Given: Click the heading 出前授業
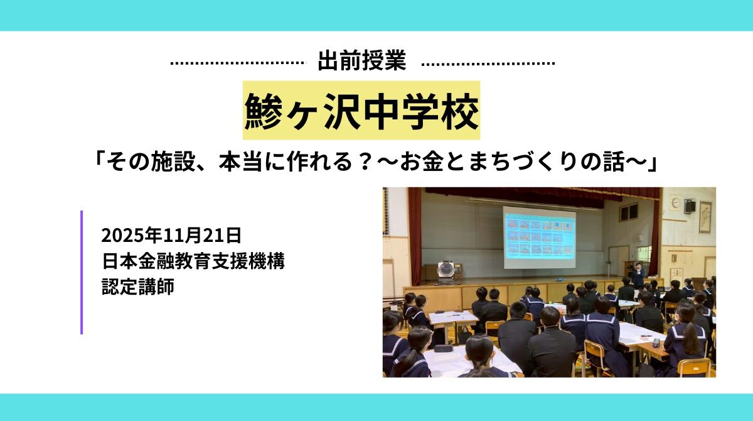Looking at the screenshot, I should click(x=362, y=62).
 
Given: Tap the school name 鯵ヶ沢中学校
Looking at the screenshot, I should click(x=361, y=111).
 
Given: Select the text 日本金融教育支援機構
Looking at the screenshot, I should click(x=193, y=261).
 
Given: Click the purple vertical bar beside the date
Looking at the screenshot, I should click(x=82, y=272).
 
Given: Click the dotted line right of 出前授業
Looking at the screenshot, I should click(x=488, y=63).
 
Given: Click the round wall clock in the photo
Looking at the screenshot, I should click(x=675, y=202).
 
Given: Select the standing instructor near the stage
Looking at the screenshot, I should click(x=638, y=274).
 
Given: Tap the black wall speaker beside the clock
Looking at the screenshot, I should click(x=690, y=205).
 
